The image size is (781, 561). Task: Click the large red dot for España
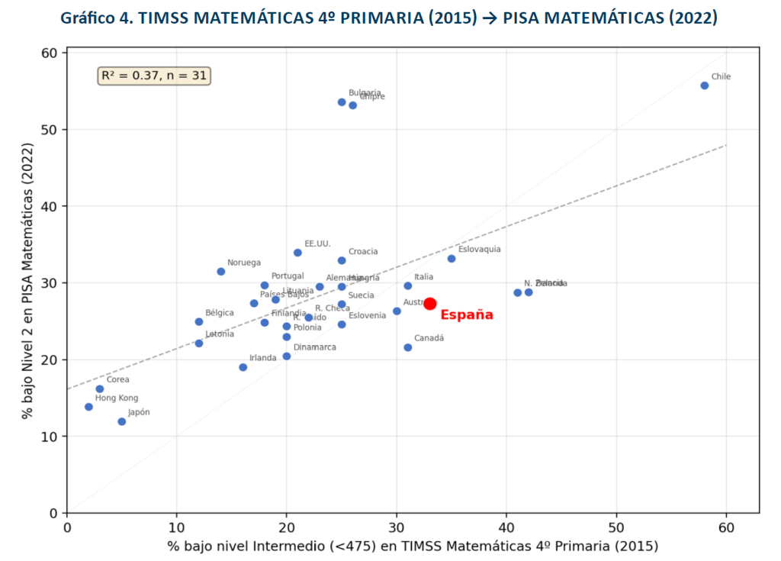coord(430,304)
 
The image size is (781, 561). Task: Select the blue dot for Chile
coord(704,85)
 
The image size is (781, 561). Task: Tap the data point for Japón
coord(122,421)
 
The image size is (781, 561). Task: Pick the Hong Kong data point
coord(89,407)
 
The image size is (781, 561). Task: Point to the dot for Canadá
coord(408,347)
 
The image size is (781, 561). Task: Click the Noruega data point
coord(221,272)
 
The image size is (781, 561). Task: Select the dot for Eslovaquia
coord(452,259)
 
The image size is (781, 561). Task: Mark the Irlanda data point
coord(243,367)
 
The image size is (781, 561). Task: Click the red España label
coord(467,315)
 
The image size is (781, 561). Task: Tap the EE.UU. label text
coord(317,243)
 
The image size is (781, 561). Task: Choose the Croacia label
coord(363,252)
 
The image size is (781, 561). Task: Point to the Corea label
coord(117,379)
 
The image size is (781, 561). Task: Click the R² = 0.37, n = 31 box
coord(154,76)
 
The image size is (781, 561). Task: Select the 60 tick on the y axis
coord(50,53)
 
